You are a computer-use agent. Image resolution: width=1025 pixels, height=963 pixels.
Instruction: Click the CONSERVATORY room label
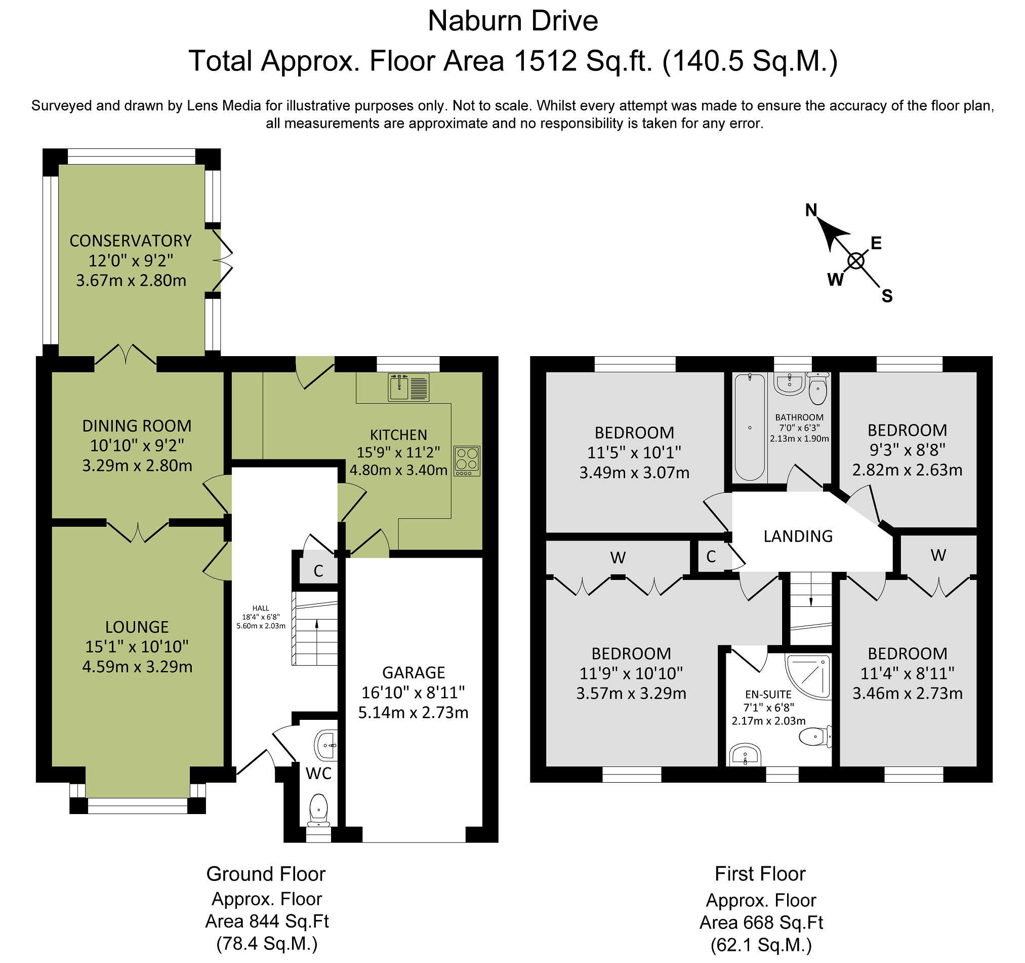coord(131,241)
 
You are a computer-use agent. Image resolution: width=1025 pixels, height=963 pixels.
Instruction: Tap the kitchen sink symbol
coord(408,387)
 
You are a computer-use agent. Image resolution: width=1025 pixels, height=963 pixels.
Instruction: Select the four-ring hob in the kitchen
coord(467,461)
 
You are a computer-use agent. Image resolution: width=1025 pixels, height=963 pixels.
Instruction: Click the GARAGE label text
coord(413,672)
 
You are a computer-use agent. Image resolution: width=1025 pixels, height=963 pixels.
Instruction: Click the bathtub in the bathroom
coord(750,428)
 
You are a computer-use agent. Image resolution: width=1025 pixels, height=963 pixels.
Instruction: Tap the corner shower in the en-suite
coord(808,677)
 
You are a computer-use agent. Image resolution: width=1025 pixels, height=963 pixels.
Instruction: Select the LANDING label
coord(798,536)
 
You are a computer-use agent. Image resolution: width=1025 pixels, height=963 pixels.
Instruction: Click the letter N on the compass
coord(811,210)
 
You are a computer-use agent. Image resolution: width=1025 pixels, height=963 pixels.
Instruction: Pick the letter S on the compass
coord(887,296)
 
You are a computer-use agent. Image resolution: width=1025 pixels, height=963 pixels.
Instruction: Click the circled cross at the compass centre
coord(856,261)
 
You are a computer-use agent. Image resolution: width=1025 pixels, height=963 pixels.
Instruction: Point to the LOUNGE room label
coord(137,627)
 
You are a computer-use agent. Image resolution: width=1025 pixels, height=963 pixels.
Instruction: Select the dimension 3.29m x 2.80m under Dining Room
coord(137,466)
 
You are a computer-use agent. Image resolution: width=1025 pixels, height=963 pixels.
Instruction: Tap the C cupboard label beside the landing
coord(711,556)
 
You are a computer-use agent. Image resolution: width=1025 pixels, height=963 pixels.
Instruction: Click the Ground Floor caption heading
coord(266,874)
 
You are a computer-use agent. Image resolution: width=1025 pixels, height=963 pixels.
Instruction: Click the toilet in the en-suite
coord(814,737)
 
